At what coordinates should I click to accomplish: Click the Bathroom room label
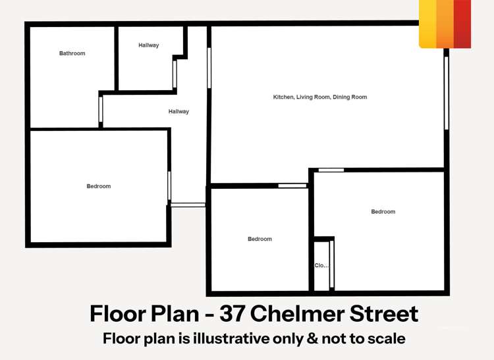click(x=72, y=53)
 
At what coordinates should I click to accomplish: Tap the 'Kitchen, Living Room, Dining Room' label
click(x=320, y=97)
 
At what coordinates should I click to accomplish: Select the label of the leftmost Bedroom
click(x=99, y=186)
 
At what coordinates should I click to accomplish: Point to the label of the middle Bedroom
click(x=260, y=239)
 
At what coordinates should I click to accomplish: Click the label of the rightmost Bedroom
click(x=383, y=211)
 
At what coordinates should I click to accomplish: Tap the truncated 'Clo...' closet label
click(x=321, y=266)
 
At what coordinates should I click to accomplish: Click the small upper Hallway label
click(x=149, y=45)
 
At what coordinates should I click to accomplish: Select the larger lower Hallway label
click(x=178, y=111)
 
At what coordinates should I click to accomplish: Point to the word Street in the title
click(x=385, y=314)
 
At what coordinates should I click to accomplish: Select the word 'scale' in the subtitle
click(x=385, y=339)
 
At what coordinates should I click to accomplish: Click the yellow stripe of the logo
click(x=427, y=24)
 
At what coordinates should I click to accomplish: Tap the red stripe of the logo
click(x=462, y=24)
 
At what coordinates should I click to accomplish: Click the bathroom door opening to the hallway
click(x=101, y=109)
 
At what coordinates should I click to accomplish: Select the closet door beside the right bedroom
click(x=332, y=264)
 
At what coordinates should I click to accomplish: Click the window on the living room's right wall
click(x=446, y=92)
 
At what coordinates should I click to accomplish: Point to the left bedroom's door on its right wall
click(x=169, y=186)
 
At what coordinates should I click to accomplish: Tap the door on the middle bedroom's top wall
click(x=292, y=186)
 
